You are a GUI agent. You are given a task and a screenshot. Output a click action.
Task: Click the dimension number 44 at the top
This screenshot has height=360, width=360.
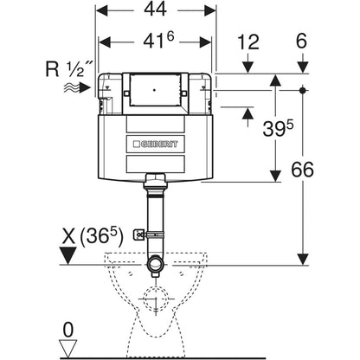pyautogui.click(x=156, y=10)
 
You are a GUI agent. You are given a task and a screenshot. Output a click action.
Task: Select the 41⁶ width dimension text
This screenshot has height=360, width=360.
pyautogui.click(x=158, y=41)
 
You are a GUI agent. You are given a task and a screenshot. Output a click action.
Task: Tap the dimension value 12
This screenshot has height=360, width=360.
pyautogui.click(x=248, y=42)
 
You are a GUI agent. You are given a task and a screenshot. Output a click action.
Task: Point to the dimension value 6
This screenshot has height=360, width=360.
pyautogui.click(x=301, y=42)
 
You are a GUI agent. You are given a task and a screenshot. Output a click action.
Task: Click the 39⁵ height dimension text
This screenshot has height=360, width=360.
pyautogui.click(x=278, y=127)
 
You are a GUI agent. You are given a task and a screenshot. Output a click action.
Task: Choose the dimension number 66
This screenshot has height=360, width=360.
pyautogui.click(x=302, y=170)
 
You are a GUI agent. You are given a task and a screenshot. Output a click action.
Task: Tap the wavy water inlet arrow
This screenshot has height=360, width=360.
pyautogui.click(x=77, y=87)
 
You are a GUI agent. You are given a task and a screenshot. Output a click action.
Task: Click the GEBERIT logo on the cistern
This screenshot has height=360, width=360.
pyautogui.click(x=156, y=144)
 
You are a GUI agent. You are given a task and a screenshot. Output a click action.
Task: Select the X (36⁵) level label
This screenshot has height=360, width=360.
pyautogui.click(x=93, y=237)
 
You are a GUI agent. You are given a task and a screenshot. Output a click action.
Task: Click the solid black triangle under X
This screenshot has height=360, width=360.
pyautogui.click(x=67, y=255)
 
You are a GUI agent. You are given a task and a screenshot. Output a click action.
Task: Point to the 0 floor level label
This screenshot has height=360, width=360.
pyautogui.click(x=68, y=331)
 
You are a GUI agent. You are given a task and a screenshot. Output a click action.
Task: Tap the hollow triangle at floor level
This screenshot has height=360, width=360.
pyautogui.click(x=68, y=349)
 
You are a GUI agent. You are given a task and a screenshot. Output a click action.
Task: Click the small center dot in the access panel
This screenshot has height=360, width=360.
pyautogui.click(x=155, y=90)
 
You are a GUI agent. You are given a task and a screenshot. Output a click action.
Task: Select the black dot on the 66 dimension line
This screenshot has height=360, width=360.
pyautogui.click(x=302, y=90)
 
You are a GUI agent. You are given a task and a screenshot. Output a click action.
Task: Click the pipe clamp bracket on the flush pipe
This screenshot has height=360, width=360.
pyautogui.click(x=139, y=235)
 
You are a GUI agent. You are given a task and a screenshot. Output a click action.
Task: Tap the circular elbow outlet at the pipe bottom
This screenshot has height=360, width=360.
pyautogui.click(x=155, y=263)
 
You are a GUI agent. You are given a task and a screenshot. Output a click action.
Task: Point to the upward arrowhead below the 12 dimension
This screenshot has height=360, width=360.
pyautogui.click(x=247, y=113)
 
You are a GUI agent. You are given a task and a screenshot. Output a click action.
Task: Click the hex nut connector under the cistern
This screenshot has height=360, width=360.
pyautogui.click(x=155, y=177)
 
